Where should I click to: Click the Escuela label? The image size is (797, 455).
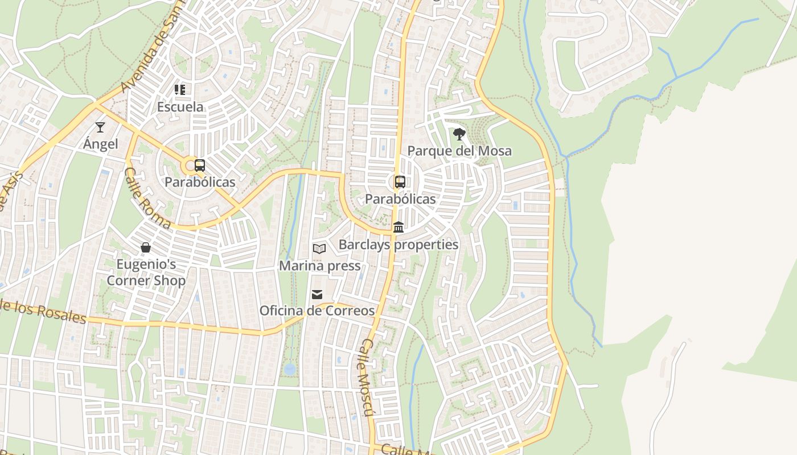pos(180,106)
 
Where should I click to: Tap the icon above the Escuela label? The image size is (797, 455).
pos(180,89)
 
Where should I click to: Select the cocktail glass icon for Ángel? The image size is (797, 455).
pos(100,127)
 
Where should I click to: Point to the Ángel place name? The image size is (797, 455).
pos(101,144)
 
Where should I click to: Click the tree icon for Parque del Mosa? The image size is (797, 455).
pos(459,134)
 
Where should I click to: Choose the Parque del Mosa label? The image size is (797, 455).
pos(459,151)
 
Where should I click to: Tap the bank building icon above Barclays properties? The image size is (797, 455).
pos(398,227)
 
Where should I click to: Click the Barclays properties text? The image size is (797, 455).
pos(398,245)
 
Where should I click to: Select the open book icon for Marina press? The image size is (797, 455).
pos(319,249)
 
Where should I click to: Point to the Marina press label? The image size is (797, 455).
pos(319,266)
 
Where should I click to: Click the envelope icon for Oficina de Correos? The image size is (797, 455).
pos(317,294)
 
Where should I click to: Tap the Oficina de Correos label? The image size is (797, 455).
pos(317,311)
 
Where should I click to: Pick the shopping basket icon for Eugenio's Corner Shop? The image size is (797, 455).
pos(146,247)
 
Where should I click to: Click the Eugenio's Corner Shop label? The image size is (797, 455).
pos(146,272)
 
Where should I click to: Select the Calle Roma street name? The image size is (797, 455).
pos(147,198)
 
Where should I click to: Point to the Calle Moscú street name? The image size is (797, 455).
pos(367,378)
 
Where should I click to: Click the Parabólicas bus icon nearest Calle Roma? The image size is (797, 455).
pos(200,166)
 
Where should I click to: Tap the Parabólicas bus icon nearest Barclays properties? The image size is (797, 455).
pos(400,182)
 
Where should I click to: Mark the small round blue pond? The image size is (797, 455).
pos(290,369)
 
